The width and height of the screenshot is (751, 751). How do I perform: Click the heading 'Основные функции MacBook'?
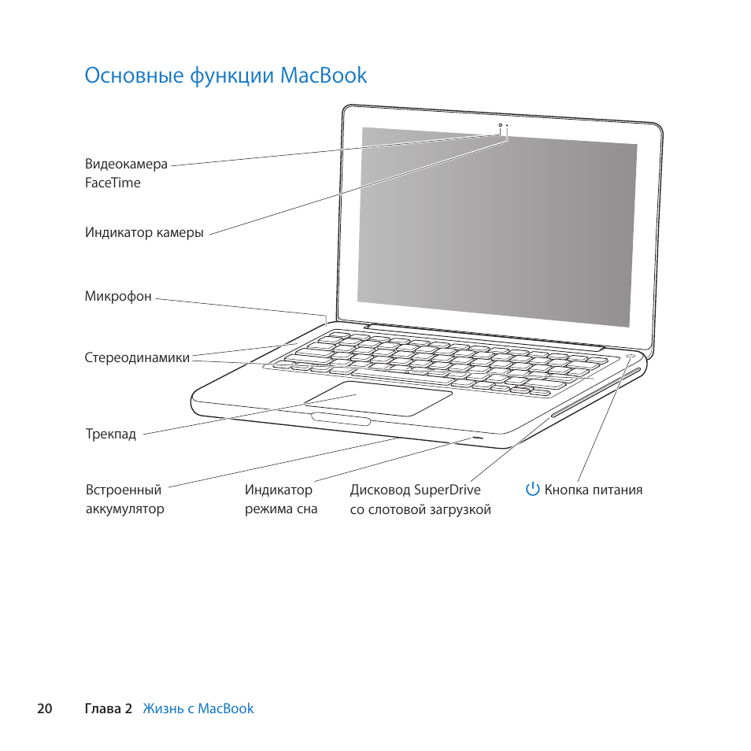pos(226,76)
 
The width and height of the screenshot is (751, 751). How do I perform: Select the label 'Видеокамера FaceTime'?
pos(126,173)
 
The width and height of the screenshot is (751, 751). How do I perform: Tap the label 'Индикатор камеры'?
pos(144,233)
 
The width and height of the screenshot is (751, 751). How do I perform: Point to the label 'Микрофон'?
pos(118,297)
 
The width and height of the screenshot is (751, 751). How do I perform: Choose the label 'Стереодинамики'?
pos(137,357)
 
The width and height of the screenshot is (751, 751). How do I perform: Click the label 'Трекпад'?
pos(110,434)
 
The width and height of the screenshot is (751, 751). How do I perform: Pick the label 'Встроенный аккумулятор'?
pos(124,499)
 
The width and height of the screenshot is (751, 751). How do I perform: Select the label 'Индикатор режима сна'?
pos(279,499)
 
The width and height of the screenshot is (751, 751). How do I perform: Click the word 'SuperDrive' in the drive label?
pos(446,490)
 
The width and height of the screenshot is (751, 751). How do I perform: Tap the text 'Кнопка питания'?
pos(593,490)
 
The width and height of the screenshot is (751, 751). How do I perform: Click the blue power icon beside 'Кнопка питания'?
pos(533,490)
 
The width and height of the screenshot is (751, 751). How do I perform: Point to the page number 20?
pos(44,708)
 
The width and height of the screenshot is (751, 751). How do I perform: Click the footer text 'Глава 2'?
pos(108,708)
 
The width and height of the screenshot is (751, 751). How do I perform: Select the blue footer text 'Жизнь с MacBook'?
pos(198,708)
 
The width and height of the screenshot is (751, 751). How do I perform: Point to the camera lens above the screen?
pos(500,125)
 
